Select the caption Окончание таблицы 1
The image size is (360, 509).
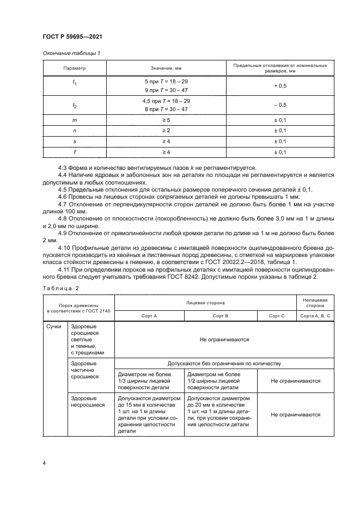(x=71, y=53)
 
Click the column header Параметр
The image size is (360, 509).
(x=75, y=69)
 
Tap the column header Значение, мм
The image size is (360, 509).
(x=166, y=69)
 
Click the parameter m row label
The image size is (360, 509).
(x=75, y=120)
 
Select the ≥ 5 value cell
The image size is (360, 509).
(x=166, y=120)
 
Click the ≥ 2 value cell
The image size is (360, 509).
(x=166, y=131)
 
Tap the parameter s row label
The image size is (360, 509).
(x=75, y=142)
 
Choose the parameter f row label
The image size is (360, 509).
(x=75, y=152)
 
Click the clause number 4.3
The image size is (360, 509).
(x=64, y=167)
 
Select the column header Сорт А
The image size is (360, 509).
(x=149, y=315)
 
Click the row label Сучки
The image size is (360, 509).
(x=54, y=326)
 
